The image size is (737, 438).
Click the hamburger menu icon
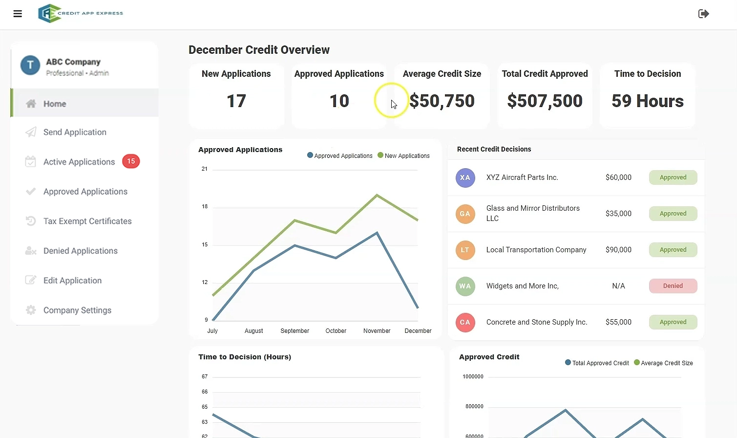coord(18,14)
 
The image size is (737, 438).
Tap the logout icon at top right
coord(703,14)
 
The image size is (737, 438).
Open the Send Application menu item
coord(75,132)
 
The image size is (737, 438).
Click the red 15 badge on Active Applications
coord(131,161)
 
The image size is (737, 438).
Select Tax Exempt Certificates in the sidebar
coord(87,221)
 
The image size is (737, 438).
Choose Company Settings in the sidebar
coord(77,310)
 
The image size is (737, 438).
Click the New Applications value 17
coord(236,101)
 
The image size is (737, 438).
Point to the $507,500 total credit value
coord(545,101)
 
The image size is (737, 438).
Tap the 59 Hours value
coord(647,101)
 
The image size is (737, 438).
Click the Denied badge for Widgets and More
coord(673,286)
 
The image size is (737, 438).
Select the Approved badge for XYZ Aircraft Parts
coord(673,177)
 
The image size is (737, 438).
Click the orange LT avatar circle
coord(465,250)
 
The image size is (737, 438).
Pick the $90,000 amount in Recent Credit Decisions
coord(618,250)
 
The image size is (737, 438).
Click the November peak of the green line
coord(377,195)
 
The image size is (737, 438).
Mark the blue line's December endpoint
coord(418,307)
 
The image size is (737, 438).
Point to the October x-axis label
coord(336,331)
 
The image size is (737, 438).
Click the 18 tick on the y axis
coord(205,207)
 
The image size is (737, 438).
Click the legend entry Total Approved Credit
coord(600,363)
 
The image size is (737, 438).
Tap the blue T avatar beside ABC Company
coord(30,65)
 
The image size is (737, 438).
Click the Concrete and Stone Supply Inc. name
coord(536,322)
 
